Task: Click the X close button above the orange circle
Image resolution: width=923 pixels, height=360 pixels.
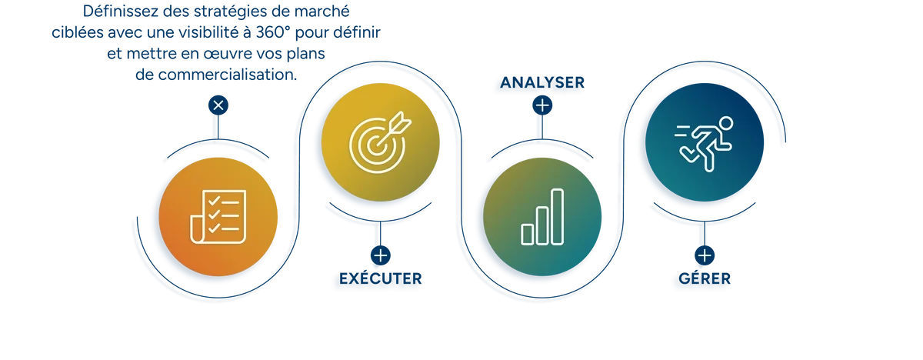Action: [x=218, y=105]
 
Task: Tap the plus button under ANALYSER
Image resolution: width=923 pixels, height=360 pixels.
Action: [x=542, y=105]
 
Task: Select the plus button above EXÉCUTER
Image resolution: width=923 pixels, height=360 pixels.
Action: [x=380, y=255]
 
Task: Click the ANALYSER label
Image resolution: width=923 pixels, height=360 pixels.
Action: [x=542, y=82]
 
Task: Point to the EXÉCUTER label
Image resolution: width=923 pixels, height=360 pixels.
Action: [x=380, y=278]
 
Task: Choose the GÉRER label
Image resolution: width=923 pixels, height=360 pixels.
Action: [x=705, y=278]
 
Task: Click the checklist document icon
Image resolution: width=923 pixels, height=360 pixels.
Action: [x=218, y=217]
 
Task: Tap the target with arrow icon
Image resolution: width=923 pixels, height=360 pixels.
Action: [x=380, y=142]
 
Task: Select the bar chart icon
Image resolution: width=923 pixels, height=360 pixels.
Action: [x=542, y=217]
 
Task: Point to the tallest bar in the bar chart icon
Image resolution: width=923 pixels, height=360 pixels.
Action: [x=557, y=217]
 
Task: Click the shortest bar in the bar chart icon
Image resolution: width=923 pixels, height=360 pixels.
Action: [x=528, y=235]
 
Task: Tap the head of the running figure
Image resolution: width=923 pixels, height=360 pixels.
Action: [x=725, y=124]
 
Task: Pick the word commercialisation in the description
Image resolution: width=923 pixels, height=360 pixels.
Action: [x=227, y=75]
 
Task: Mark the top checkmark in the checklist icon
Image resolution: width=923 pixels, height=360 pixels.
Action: [x=214, y=201]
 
